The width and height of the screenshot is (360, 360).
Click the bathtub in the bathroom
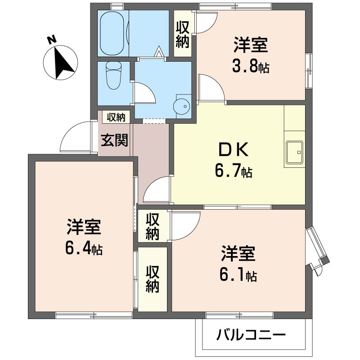112,33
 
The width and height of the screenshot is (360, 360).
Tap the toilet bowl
113,76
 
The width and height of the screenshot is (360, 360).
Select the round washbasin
182,106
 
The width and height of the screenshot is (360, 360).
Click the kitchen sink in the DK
294,152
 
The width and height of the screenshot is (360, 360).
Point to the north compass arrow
62,63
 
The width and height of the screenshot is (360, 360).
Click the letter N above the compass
52,40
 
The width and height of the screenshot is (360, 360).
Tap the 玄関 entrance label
114,140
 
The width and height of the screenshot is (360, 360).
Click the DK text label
233,149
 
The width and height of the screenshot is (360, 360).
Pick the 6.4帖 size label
84,249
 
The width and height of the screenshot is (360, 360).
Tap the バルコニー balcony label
251,335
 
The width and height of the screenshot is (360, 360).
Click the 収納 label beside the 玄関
116,117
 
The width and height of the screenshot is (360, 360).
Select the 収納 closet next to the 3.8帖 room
183,34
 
